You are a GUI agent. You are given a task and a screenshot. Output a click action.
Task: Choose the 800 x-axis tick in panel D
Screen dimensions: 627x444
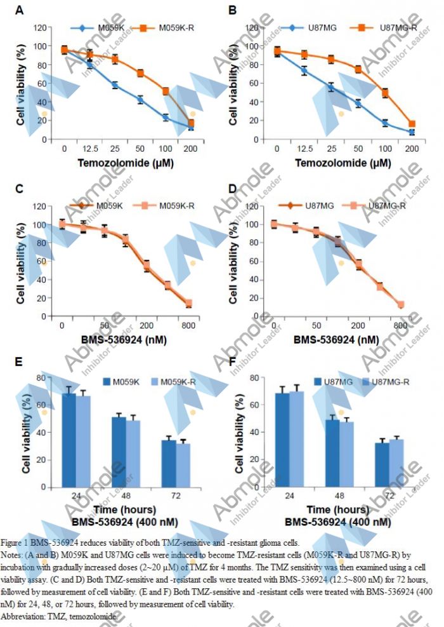[400, 325]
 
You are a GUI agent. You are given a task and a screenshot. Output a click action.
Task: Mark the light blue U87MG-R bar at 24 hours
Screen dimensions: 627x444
[296, 439]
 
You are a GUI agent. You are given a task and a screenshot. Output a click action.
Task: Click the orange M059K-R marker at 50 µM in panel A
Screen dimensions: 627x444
[140, 73]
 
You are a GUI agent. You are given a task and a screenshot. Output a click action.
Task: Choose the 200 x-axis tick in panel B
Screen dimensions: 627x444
[411, 149]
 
